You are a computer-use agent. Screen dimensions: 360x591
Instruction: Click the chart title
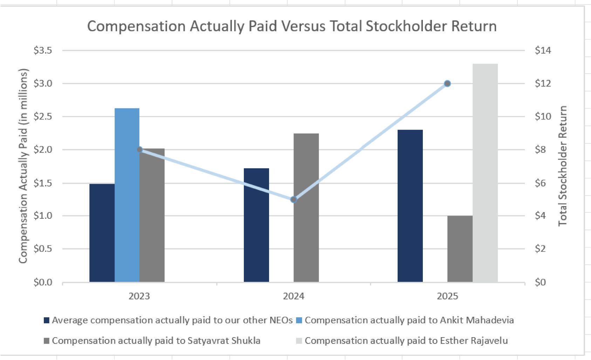(x=292, y=26)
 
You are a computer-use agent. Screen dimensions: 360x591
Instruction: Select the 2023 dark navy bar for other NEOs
(x=102, y=233)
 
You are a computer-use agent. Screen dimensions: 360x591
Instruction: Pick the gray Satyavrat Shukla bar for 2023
(x=152, y=215)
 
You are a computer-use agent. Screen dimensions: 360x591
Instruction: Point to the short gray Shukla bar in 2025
(x=460, y=249)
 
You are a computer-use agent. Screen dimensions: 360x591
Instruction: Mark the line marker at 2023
(x=139, y=150)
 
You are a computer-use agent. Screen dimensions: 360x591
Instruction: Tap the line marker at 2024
(x=294, y=199)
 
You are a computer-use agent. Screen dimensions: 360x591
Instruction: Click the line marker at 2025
(x=447, y=83)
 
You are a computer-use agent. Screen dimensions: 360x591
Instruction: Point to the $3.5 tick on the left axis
(x=43, y=50)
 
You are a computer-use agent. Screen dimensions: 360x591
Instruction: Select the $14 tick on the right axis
(x=543, y=50)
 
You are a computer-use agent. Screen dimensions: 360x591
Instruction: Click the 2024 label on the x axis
(x=294, y=296)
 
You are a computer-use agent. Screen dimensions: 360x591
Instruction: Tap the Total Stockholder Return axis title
(x=563, y=166)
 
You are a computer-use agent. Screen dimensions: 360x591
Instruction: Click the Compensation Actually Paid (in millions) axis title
(x=23, y=166)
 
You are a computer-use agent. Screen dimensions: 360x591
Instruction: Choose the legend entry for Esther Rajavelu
(x=406, y=341)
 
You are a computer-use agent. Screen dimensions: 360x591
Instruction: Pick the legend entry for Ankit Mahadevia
(x=409, y=320)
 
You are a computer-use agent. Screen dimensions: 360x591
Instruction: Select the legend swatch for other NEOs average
(x=46, y=320)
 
